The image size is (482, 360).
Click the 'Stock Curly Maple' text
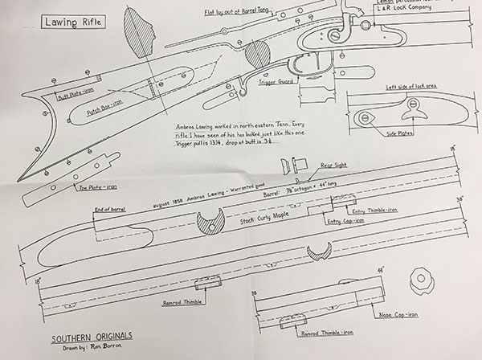point(251,216)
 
